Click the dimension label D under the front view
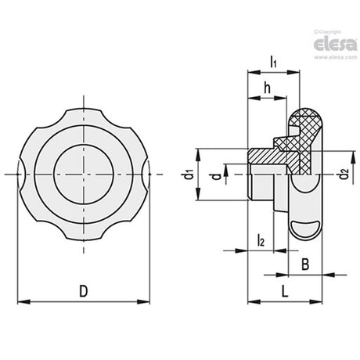(84, 291)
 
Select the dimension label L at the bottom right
(285, 291)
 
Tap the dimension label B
(305, 264)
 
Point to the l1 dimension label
(273, 62)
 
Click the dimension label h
(267, 88)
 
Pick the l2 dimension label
(261, 240)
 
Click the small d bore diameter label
(216, 177)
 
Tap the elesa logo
(335, 45)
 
